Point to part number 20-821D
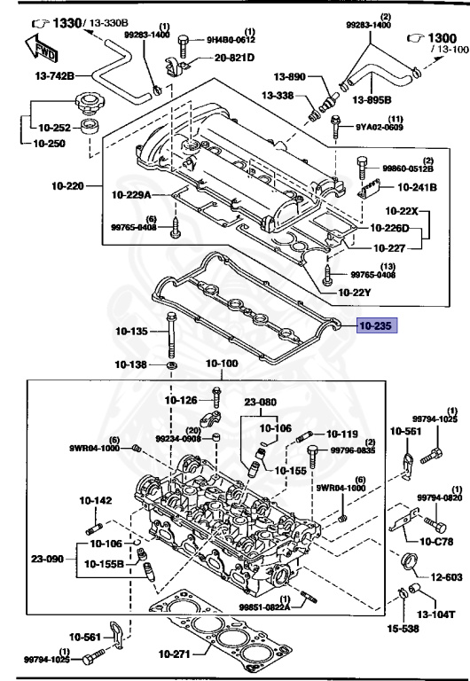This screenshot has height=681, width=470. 233,58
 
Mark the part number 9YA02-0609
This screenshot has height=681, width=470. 381,128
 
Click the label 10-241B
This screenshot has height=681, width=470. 416,187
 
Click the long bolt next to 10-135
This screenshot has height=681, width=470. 169,337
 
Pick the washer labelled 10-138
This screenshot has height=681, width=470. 171,365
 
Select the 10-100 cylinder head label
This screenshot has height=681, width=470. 223,364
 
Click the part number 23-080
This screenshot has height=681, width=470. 262,401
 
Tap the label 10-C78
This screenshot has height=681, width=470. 435,541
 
